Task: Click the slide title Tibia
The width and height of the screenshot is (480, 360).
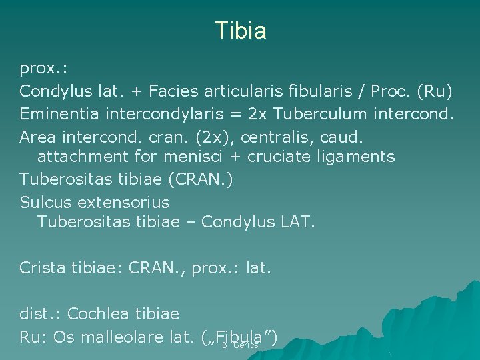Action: [x=241, y=31]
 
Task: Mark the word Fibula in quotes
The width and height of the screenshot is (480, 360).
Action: [x=238, y=335]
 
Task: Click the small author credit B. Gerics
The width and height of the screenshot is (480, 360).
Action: [x=240, y=345]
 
